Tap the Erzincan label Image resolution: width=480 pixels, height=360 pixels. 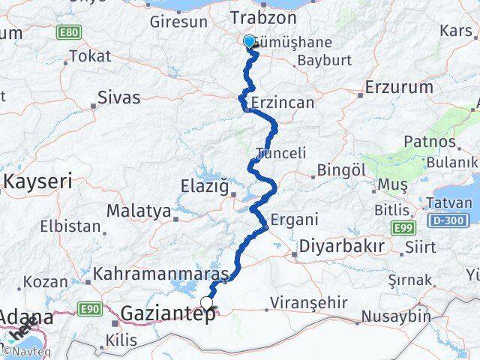click(283, 101)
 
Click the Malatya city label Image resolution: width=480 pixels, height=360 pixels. click(139, 211)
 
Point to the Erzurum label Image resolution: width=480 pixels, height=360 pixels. click(399, 87)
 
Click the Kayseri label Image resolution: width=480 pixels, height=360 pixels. click(38, 181)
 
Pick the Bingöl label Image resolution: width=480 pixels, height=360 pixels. click(341, 170)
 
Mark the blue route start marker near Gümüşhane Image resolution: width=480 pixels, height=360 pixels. click(249, 41)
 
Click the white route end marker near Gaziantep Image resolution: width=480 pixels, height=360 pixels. click(206, 303)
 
